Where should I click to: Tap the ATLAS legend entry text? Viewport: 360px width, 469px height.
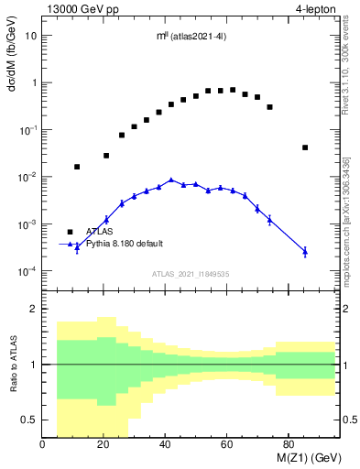pyautogui.click(x=99, y=232)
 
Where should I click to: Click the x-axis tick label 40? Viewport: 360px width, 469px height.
pyautogui.click(x=165, y=445)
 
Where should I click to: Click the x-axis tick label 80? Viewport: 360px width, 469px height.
pyautogui.click(x=288, y=445)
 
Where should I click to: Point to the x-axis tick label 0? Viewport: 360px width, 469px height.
pyautogui.click(x=43, y=445)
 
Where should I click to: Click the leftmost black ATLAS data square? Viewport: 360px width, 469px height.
pyautogui.click(x=77, y=167)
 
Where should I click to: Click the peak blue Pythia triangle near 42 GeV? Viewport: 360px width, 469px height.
pyautogui.click(x=170, y=180)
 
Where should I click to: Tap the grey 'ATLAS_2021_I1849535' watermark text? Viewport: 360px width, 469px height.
pyautogui.click(x=191, y=273)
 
